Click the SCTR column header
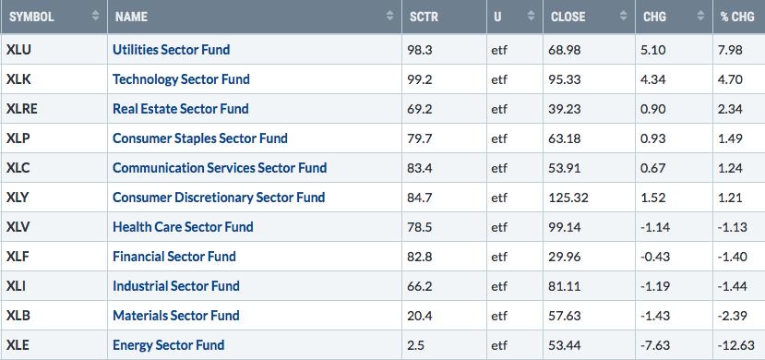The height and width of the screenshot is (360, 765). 424,17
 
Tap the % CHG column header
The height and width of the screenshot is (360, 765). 737,17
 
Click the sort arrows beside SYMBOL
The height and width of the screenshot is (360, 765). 95,16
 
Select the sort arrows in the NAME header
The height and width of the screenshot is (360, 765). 389,16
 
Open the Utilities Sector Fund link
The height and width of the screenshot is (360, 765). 172,50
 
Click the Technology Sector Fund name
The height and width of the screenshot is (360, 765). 181,79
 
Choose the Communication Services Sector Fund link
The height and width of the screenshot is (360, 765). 220,168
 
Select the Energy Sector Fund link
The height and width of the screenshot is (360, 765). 168,345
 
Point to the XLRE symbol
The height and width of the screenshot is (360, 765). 21,109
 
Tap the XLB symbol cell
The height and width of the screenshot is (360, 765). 18,315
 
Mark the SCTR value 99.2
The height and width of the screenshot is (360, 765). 420,79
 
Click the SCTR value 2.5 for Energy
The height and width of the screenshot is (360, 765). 416,345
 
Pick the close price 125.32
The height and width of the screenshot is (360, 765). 569,198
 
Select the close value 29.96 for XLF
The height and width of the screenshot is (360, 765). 566,257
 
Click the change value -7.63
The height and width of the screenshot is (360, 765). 655,345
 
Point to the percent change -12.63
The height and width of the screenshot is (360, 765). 736,345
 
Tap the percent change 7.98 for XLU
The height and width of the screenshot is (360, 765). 730,50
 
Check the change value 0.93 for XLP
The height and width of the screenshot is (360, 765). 653,138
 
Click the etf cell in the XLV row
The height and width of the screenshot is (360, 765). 499,227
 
